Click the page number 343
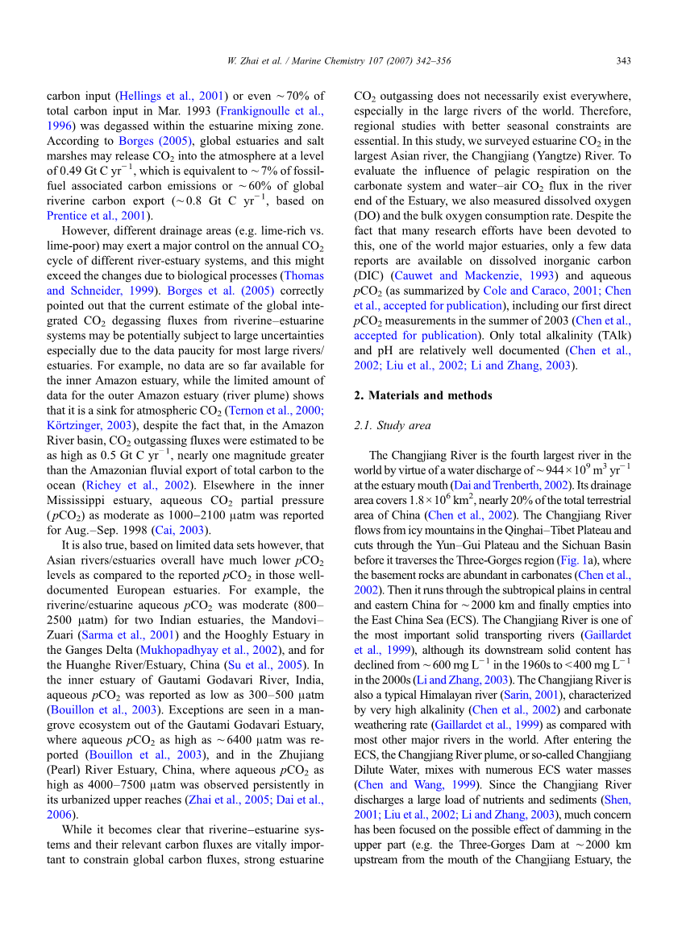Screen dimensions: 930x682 (622, 61)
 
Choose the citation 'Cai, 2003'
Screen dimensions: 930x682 (189, 530)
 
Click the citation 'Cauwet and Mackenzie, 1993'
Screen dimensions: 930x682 (459, 275)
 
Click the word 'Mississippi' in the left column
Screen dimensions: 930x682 (77, 500)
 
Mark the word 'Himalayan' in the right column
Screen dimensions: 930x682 (456, 695)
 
